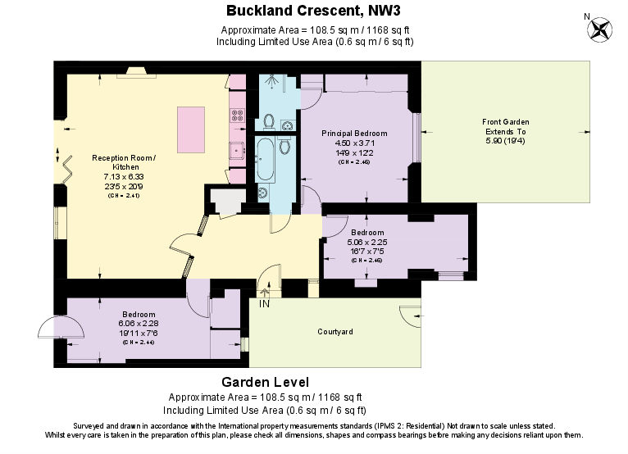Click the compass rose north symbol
click(600, 30)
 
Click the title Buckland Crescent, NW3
click(313, 11)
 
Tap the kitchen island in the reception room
click(190, 129)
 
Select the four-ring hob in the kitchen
click(237, 116)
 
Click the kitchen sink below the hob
click(236, 150)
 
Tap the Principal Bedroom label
click(354, 134)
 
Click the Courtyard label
click(334, 332)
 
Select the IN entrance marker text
click(264, 304)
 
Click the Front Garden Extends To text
click(505, 127)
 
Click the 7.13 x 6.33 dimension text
click(123, 176)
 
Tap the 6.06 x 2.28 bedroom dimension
click(139, 324)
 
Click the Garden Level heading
click(265, 383)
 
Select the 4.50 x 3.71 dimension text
click(354, 143)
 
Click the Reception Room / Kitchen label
click(123, 162)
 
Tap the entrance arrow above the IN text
click(264, 289)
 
